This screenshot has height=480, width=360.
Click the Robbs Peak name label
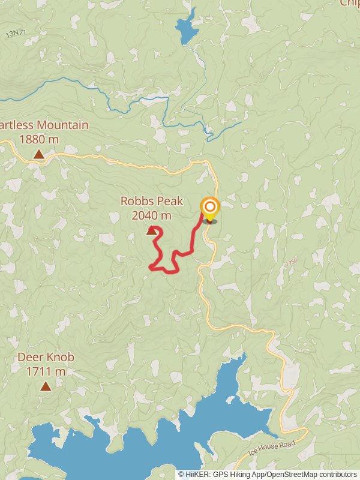[x=151, y=202]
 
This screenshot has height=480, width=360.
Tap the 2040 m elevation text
[x=151, y=215]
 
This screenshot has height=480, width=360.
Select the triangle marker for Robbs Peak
[x=151, y=230]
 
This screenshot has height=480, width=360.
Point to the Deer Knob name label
[x=46, y=358]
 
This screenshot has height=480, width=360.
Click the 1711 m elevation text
[x=46, y=371]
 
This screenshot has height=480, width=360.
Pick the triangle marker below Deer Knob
[x=46, y=386]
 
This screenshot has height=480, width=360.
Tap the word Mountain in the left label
[x=62, y=125]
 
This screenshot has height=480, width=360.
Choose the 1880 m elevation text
[x=38, y=139]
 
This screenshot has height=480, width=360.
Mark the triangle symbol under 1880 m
[x=38, y=154]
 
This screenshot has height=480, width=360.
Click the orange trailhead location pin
[x=209, y=209]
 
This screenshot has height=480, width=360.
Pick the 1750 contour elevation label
[x=291, y=263]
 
